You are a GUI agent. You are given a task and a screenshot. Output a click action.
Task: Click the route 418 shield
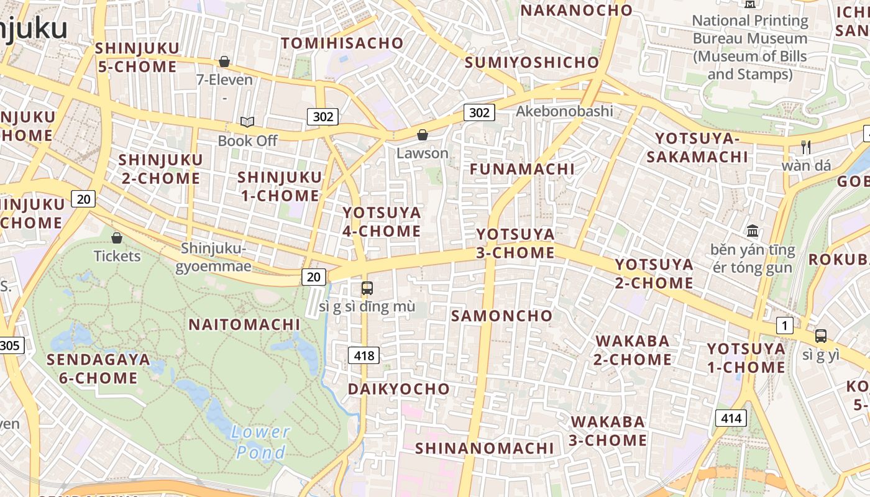click(x=363, y=355)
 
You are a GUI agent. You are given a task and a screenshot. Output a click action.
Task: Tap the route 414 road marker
click(x=730, y=418)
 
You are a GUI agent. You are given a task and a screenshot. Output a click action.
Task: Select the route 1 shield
click(x=785, y=326)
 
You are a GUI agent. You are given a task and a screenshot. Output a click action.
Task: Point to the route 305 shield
click(x=11, y=345)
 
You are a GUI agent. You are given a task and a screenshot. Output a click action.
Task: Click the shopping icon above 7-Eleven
click(x=224, y=62)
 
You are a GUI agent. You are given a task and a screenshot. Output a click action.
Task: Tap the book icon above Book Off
click(x=247, y=122)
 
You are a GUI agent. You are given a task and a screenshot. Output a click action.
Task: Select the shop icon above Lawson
click(x=423, y=134)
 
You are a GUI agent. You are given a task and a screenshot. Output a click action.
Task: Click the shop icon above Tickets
click(x=117, y=237)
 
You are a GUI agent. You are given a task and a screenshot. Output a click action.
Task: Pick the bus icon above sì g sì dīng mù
click(x=367, y=288)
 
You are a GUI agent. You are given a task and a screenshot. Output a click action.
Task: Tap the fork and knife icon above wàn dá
click(x=806, y=147)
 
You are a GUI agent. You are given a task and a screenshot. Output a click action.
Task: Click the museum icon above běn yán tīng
click(x=753, y=231)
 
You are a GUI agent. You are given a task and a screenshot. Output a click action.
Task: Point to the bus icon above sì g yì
click(x=821, y=336)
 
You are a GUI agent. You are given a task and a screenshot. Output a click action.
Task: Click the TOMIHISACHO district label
click(x=342, y=43)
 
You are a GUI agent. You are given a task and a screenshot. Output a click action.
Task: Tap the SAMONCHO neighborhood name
click(x=501, y=316)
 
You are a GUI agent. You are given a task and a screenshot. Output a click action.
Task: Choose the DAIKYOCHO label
click(x=398, y=389)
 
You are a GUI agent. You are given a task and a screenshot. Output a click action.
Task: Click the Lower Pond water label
click(x=260, y=442)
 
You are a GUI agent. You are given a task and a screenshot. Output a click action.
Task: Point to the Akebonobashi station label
click(x=564, y=111)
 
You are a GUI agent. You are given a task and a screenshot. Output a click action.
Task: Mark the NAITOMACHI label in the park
click(x=244, y=324)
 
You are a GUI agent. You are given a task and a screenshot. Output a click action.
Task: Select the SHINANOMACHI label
click(x=484, y=448)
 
